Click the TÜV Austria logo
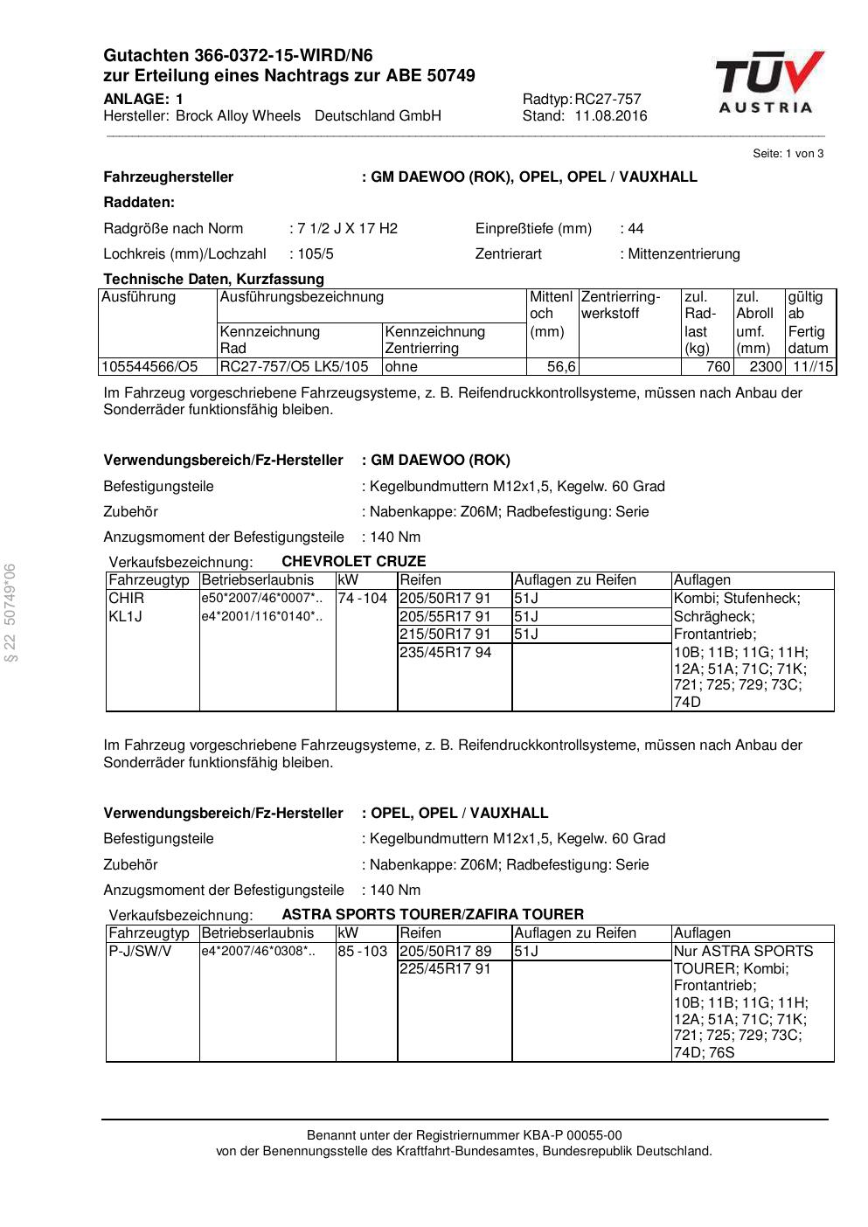point(769,82)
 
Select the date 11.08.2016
point(611,116)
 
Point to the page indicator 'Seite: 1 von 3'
point(788,154)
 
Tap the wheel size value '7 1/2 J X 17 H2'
point(347,229)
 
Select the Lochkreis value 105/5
point(315,254)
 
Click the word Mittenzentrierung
point(684,254)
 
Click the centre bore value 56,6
point(561,367)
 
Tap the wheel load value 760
point(718,367)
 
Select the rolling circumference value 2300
point(766,367)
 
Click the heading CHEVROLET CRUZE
point(354,562)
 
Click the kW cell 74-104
point(362,599)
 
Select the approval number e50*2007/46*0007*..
point(261,599)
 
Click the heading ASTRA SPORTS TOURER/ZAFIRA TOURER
point(433,915)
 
